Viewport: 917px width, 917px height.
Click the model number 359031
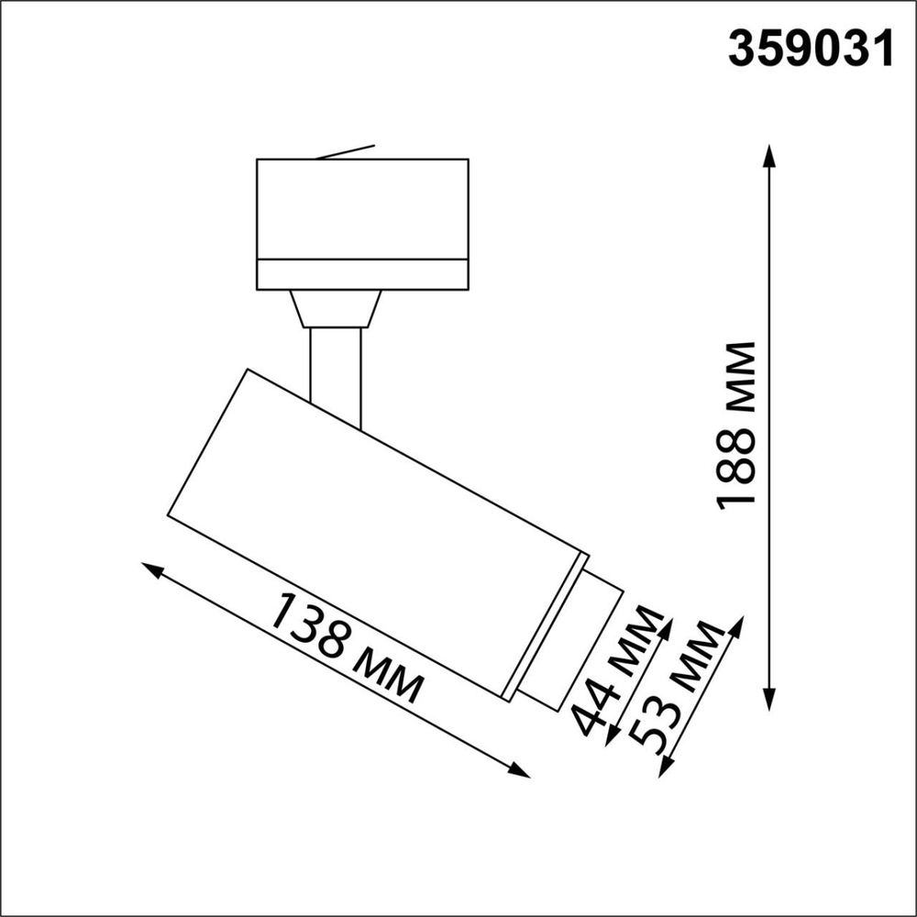click(811, 49)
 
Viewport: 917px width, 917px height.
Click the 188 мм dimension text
click(737, 425)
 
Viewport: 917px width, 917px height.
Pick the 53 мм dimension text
click(682, 688)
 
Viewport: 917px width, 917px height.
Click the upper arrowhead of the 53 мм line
click(735, 627)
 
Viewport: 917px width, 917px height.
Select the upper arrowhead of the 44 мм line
click(667, 625)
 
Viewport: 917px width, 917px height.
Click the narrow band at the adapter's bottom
click(362, 274)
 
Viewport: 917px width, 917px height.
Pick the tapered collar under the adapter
click(335, 309)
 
